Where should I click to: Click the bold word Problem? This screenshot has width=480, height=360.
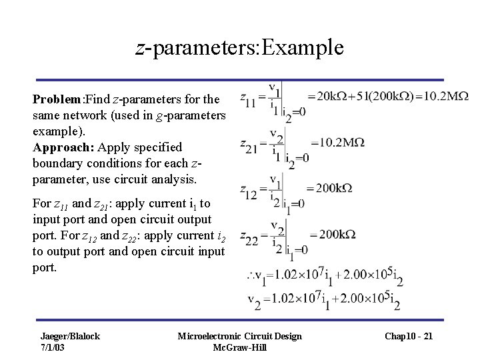[56, 99]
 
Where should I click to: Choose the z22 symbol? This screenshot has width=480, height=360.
[252, 239]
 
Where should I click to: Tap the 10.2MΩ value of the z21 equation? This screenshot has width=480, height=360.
[339, 142]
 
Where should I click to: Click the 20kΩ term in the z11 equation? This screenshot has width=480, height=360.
[341, 95]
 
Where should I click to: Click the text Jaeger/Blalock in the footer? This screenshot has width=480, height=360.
[70, 336]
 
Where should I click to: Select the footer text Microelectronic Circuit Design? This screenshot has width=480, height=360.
[239, 336]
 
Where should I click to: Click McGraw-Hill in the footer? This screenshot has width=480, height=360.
[239, 347]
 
